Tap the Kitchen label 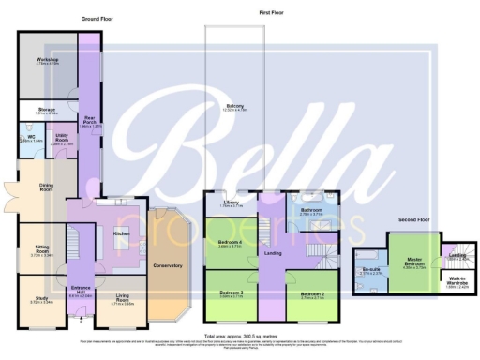(120, 232)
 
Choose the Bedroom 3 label (231, 292)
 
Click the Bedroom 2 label (312, 292)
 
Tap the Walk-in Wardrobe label (457, 284)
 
